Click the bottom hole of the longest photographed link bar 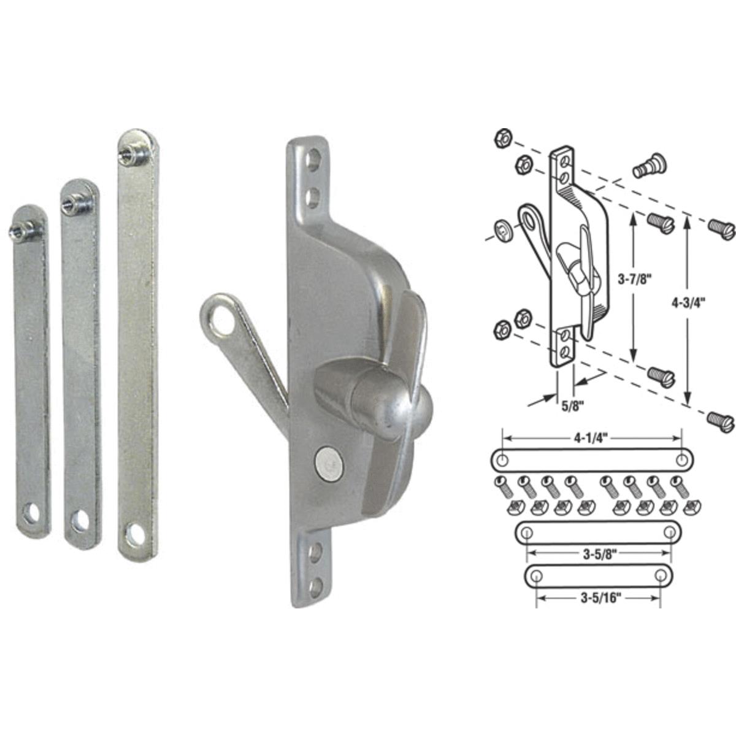coord(136,535)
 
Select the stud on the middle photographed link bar coord(74,201)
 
